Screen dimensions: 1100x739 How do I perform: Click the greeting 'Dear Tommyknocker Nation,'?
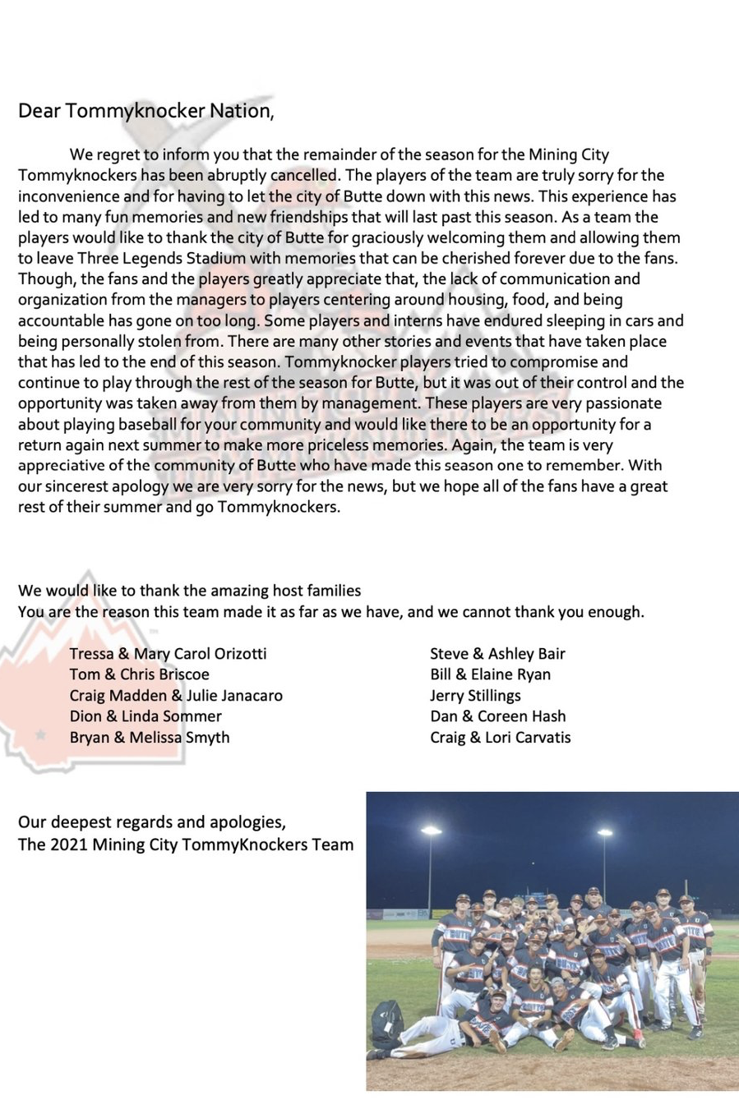(x=145, y=111)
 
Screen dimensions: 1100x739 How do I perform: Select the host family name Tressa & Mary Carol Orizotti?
(x=168, y=654)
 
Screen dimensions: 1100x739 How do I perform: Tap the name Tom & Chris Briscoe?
(x=139, y=674)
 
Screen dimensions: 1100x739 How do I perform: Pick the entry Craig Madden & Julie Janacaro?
(x=176, y=696)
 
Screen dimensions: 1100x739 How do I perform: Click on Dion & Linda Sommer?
(x=145, y=716)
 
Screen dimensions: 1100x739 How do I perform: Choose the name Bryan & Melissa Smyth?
(x=150, y=738)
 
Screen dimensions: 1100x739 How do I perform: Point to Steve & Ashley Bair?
(x=497, y=654)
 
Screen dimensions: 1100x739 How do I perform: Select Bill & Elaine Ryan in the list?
(x=490, y=674)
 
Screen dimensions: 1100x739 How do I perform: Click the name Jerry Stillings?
(x=475, y=696)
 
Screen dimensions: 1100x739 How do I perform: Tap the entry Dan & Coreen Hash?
(x=497, y=716)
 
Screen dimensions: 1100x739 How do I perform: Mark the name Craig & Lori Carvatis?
(x=500, y=738)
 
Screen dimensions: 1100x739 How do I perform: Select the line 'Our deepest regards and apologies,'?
(x=152, y=822)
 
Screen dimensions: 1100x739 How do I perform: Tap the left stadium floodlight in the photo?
(x=430, y=832)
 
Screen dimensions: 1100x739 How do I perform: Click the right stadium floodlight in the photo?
(x=604, y=834)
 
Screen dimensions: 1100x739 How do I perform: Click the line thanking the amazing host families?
(x=189, y=591)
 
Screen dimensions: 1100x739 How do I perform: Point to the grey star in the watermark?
(x=39, y=734)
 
